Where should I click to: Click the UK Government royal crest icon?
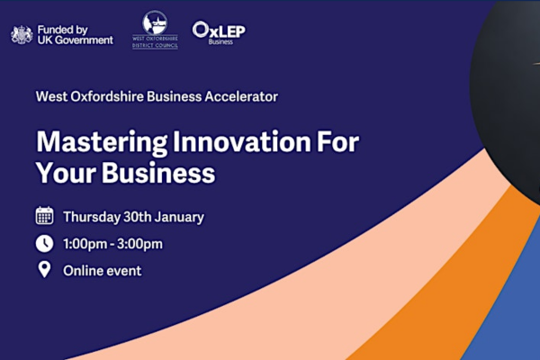[22, 35]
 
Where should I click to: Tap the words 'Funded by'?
[63, 30]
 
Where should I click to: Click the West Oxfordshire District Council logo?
[155, 30]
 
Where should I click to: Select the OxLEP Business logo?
[219, 33]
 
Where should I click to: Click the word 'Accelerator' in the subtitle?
[241, 97]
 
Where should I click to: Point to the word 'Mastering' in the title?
[102, 142]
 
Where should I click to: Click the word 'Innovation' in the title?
[241, 141]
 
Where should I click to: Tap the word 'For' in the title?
[337, 141]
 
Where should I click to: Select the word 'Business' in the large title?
[158, 172]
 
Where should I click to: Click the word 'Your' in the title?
[66, 172]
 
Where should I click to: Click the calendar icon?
[44, 216]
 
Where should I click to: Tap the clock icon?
[44, 244]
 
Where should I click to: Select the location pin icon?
[44, 270]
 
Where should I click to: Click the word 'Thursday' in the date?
[92, 218]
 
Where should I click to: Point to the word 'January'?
[179, 218]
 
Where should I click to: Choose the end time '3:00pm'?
[139, 244]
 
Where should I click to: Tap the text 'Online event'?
[103, 271]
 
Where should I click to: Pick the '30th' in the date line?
[138, 217]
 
